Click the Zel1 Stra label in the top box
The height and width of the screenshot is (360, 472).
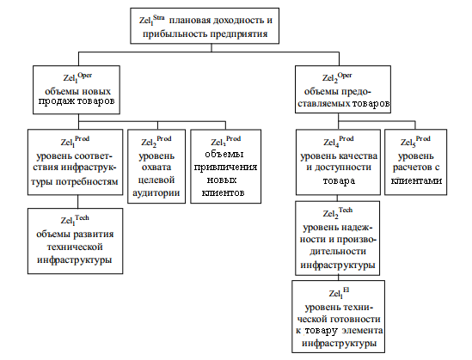(x=151, y=21)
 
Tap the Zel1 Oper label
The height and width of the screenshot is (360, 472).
(x=77, y=78)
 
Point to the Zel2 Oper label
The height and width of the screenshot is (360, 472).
(x=337, y=78)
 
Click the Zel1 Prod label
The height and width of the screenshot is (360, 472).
(x=75, y=142)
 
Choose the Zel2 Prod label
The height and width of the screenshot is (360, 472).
(x=156, y=142)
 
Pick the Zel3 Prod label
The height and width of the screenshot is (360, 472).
(x=226, y=141)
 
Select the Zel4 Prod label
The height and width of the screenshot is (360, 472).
(x=339, y=142)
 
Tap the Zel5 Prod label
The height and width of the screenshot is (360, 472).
(x=415, y=142)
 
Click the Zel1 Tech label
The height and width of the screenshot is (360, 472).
(x=75, y=220)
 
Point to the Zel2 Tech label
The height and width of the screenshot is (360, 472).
(x=337, y=212)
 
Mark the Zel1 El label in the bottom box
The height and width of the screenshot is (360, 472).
(x=339, y=293)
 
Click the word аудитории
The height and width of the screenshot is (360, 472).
(x=156, y=192)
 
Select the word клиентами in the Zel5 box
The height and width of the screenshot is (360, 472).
(x=416, y=180)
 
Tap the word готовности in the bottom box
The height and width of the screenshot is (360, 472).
(x=355, y=319)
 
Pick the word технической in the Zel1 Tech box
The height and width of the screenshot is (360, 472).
(x=75, y=247)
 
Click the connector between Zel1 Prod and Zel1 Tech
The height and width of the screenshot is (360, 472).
(x=78, y=202)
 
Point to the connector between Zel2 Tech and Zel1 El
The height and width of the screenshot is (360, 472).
(x=338, y=278)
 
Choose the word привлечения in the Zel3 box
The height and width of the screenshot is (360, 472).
(x=225, y=168)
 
